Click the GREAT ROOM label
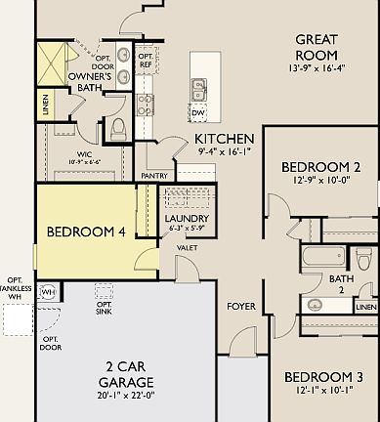317,47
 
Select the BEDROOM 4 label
87,232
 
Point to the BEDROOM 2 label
321,167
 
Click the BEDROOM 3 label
323,377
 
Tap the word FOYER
241,307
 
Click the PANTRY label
153,176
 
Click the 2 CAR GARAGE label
128,374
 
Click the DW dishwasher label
198,113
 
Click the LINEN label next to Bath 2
365,308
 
